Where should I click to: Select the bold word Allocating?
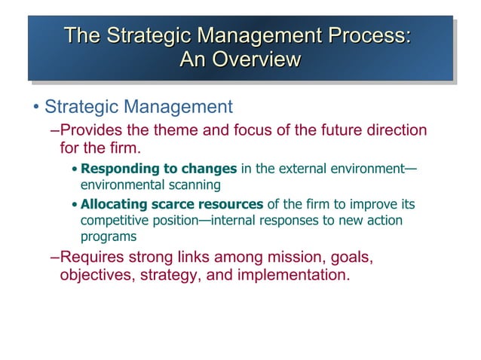point(115,204)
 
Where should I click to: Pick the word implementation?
point(293,274)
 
